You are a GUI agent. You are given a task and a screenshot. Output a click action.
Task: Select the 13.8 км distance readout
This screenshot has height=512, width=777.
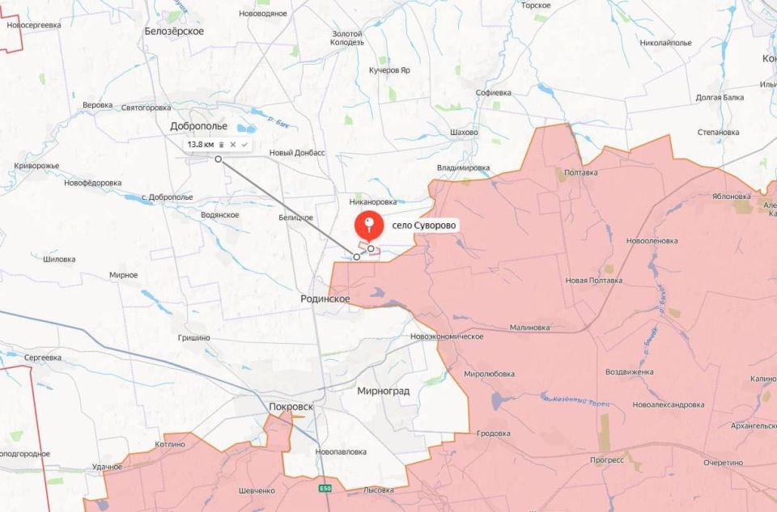tap(201, 144)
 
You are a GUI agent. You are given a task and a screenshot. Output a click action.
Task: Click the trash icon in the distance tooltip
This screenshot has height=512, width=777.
tap(221, 144)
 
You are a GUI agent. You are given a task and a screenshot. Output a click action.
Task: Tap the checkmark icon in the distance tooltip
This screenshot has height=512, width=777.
tap(244, 144)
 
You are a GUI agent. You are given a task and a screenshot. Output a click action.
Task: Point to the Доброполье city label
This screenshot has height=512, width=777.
tap(198, 126)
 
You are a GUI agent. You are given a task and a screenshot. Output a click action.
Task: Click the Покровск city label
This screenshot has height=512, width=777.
tap(290, 406)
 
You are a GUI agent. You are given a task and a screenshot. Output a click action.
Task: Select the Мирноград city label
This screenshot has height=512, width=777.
tap(383, 391)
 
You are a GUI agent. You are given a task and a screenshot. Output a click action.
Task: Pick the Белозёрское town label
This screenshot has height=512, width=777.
tap(174, 31)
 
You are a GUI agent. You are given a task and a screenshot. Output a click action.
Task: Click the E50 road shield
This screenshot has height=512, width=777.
tap(325, 489)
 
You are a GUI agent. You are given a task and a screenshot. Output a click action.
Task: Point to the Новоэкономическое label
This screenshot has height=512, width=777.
tap(447, 336)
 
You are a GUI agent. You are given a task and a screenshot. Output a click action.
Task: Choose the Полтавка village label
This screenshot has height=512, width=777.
tap(581, 172)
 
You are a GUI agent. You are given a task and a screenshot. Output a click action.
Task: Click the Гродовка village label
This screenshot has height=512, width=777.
tap(493, 434)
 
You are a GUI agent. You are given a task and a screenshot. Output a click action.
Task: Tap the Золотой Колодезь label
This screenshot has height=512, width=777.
tap(348, 38)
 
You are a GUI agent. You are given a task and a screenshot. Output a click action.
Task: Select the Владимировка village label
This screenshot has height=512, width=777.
tap(463, 167)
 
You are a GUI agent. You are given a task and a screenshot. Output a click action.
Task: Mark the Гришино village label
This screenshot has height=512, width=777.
tap(194, 337)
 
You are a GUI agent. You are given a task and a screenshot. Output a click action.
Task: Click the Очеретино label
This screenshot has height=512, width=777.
tap(723, 462)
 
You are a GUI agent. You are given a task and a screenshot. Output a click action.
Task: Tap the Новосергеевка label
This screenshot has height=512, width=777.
tap(33, 25)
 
